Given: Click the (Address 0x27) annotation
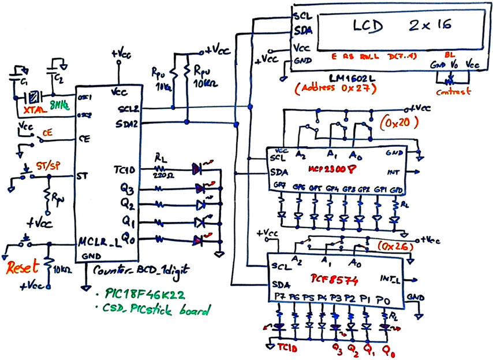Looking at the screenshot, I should tap(335, 88).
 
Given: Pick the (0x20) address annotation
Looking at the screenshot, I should tap(399, 123).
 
